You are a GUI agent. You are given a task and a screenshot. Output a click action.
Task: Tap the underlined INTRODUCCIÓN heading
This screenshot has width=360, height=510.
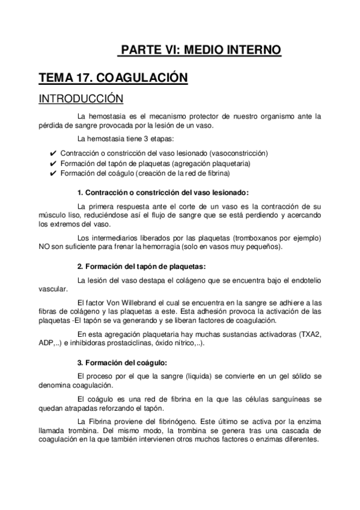click(81, 98)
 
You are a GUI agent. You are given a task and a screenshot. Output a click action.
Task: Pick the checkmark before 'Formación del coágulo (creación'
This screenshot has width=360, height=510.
click(53, 174)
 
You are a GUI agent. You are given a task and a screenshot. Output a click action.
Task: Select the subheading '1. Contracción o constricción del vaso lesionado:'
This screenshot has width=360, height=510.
click(162, 192)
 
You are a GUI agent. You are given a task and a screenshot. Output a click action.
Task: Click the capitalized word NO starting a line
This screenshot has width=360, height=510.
click(44, 247)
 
